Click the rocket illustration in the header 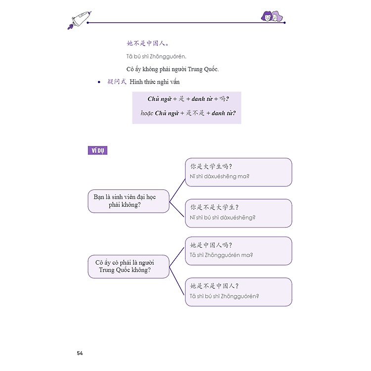tap(80, 20)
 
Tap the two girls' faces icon tap(272, 16)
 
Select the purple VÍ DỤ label tap(97, 150)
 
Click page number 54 tap(80, 353)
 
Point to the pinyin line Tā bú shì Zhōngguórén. tap(156, 56)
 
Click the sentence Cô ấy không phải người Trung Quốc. tap(173, 69)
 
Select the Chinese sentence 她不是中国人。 tap(147, 44)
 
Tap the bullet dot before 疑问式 tap(99, 82)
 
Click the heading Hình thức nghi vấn tap(154, 82)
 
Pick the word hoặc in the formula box tap(147, 113)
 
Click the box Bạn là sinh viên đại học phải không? tap(129, 201)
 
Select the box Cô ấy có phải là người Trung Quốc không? tap(129, 267)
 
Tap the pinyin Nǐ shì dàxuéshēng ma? tap(220, 176)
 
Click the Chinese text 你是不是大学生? tap(214, 207)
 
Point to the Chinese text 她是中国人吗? tap(211, 245)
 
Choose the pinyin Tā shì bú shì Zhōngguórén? tap(224, 296)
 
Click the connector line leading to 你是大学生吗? tap(177, 190)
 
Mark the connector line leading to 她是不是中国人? tap(177, 281)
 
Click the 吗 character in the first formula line tap(222, 98)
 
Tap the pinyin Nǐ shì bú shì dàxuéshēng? tap(223, 218)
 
